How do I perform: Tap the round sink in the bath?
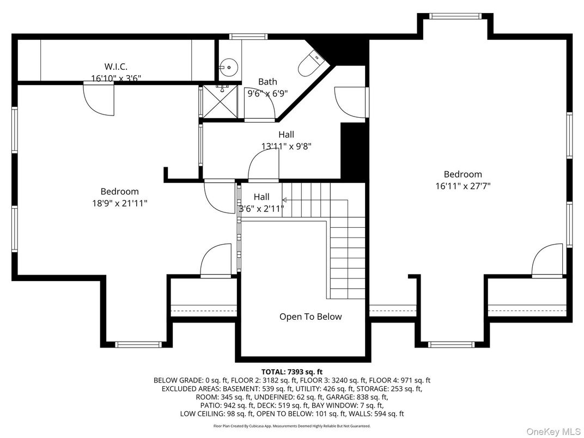click(x=228, y=67)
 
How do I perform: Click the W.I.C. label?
click(x=116, y=66)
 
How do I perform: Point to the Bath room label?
click(x=268, y=81)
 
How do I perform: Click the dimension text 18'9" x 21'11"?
click(x=120, y=203)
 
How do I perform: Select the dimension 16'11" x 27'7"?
click(x=463, y=186)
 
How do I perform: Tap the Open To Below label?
click(x=311, y=317)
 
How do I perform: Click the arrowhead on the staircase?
click(x=284, y=200)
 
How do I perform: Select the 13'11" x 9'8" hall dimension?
click(x=287, y=146)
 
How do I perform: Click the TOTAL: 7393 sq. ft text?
click(x=292, y=372)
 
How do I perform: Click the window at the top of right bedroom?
click(x=455, y=16)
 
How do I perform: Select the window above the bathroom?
click(x=248, y=36)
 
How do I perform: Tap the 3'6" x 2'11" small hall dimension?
click(x=261, y=209)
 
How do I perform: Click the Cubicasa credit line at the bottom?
click(x=292, y=425)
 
